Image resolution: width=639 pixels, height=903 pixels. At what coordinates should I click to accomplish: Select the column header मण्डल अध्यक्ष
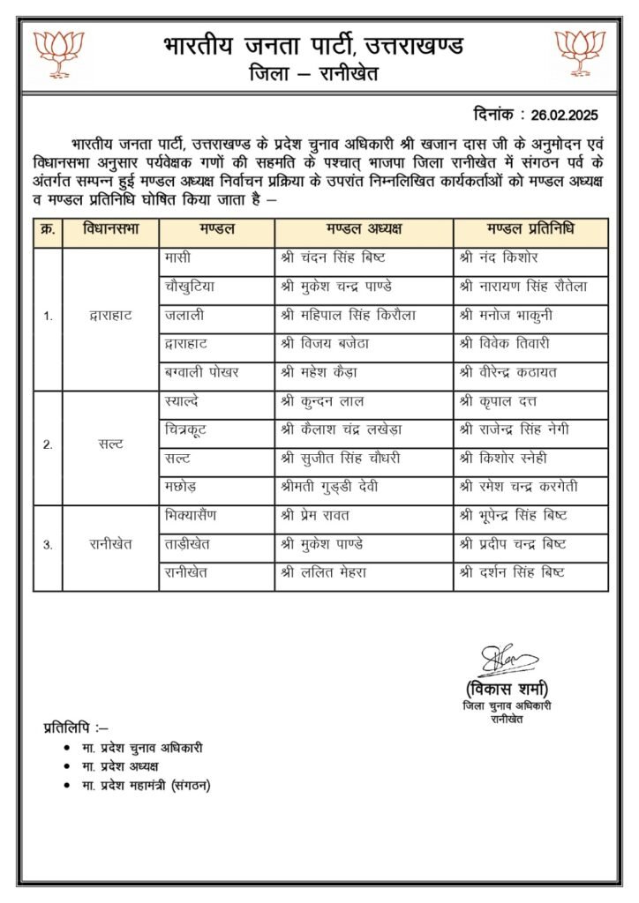coord(364,230)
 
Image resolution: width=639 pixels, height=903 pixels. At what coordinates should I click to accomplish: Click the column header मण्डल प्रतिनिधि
coord(530,230)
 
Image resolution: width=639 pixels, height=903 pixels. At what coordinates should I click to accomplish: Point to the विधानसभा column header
coord(111,230)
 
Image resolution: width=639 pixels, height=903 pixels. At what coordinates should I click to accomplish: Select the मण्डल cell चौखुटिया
coord(190,287)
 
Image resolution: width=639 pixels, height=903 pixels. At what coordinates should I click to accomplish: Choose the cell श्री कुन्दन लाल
coord(321,402)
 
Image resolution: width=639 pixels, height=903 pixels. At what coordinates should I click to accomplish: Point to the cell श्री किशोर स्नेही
coord(504,458)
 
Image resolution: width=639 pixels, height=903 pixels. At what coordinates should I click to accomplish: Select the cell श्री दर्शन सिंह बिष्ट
coord(513,572)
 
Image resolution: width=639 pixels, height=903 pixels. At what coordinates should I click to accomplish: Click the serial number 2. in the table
coord(48,444)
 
